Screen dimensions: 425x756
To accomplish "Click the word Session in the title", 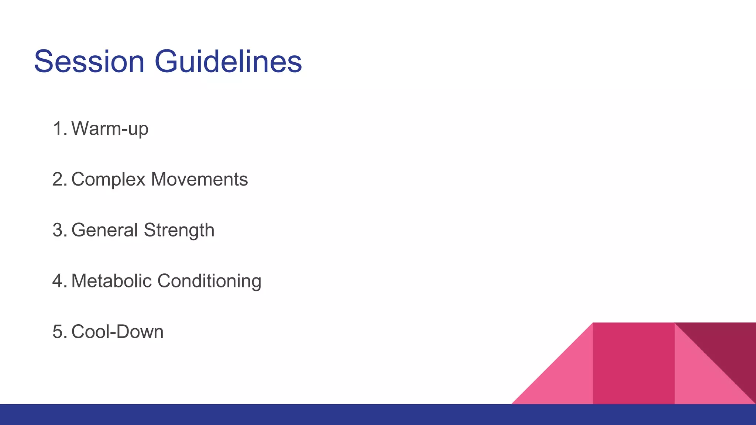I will point(89,62).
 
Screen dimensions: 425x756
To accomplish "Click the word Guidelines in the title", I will point(228,62).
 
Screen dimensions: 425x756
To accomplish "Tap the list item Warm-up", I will point(110,129).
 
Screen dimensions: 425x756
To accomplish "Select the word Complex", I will point(108,180).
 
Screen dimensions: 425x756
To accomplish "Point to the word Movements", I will point(199,179).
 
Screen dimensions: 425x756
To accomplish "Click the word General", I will point(104,230).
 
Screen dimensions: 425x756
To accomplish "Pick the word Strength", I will point(179,231).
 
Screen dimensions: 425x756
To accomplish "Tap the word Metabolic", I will point(111,281).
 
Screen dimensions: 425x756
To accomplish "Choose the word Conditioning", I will point(209,281).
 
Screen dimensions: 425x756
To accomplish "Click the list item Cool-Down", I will point(117,331).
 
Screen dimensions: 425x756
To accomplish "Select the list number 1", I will point(58,129).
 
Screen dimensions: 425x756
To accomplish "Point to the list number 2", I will point(58,179).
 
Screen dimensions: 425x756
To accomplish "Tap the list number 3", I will point(58,230).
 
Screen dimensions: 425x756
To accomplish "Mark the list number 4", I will point(58,281).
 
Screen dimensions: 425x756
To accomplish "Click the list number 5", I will point(58,331).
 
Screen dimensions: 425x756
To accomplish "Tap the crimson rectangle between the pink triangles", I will point(633,363).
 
